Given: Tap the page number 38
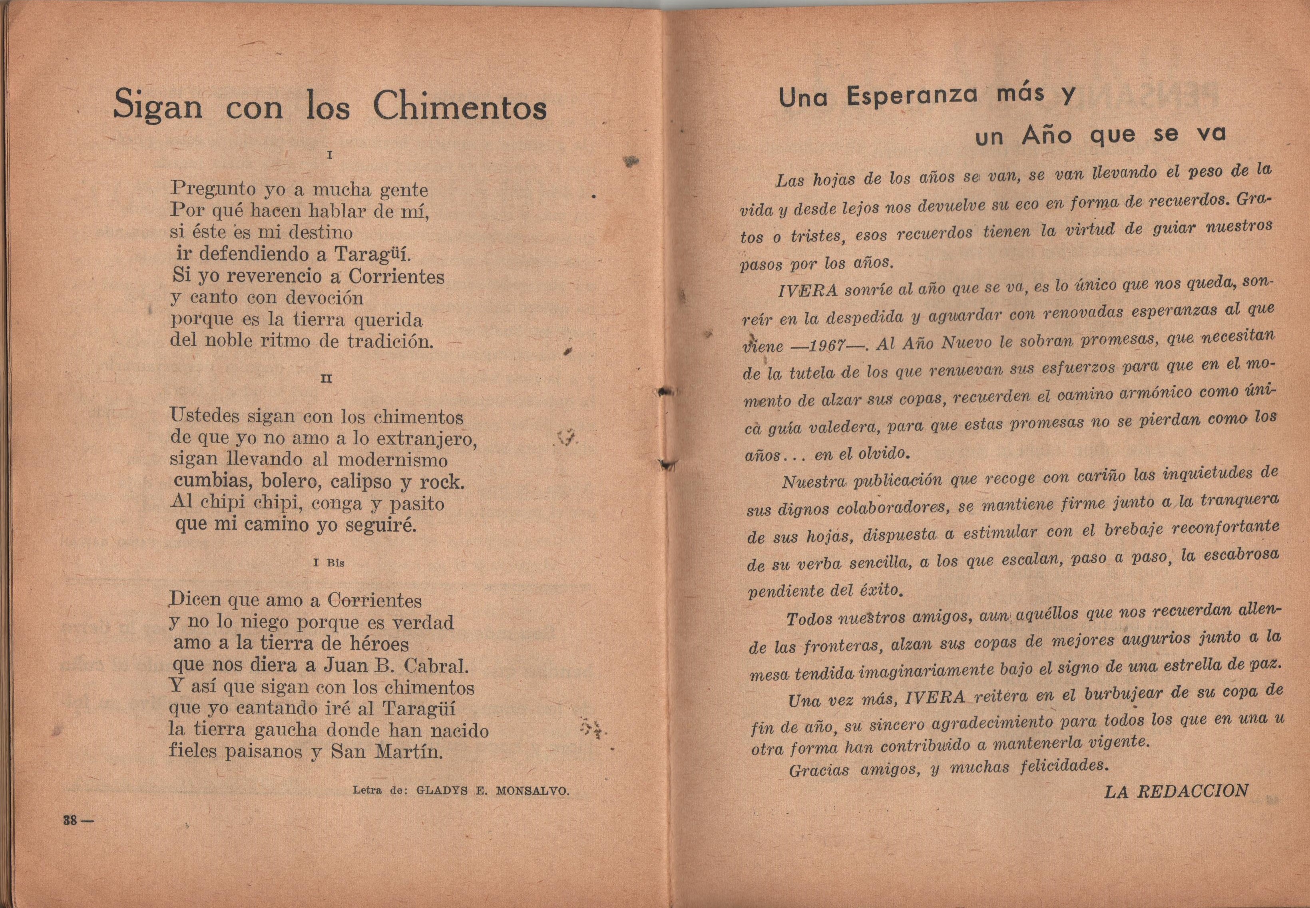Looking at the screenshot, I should coord(70,821).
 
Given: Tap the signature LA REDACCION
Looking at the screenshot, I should coord(1176,791).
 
